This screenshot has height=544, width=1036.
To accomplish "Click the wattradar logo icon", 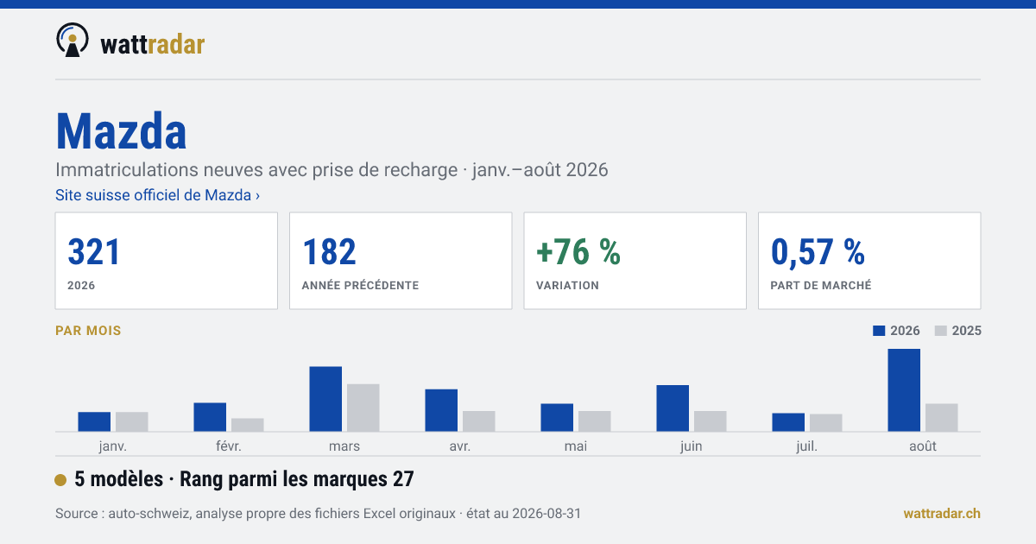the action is pos(73,41).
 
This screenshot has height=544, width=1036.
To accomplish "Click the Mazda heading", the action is pos(121,131).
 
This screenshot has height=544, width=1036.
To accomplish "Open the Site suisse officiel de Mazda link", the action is pos(157,195).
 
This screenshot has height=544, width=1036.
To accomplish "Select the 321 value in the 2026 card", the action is pos(94,252).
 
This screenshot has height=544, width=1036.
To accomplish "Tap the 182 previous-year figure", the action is pos(329,252).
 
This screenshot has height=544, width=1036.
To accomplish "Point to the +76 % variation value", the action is pos(578,252).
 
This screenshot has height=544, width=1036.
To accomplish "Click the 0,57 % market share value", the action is pos(818,252).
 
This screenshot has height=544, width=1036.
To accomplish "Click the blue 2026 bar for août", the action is pos(904,390).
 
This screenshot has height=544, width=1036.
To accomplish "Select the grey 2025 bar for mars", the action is pos(363,408).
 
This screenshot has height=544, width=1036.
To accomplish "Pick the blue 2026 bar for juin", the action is pos(673,408).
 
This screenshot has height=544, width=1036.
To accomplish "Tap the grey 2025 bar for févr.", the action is pos(248,425).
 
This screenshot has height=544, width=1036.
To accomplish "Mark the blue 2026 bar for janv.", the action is pos(94,421).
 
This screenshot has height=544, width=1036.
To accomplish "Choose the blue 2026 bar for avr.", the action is pos(441,410).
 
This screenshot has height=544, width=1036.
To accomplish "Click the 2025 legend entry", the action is pos(957,331).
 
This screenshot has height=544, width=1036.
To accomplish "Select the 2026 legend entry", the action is pos(896,331).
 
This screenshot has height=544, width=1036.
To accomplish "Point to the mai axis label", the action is pos(576,446).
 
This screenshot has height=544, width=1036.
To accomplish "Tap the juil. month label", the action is pos(807,446).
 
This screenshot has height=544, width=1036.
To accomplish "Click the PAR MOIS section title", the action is pos(88,331).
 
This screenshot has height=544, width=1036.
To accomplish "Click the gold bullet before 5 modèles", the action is pos(60,480).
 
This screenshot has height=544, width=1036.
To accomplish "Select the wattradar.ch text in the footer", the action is pos(942,514).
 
